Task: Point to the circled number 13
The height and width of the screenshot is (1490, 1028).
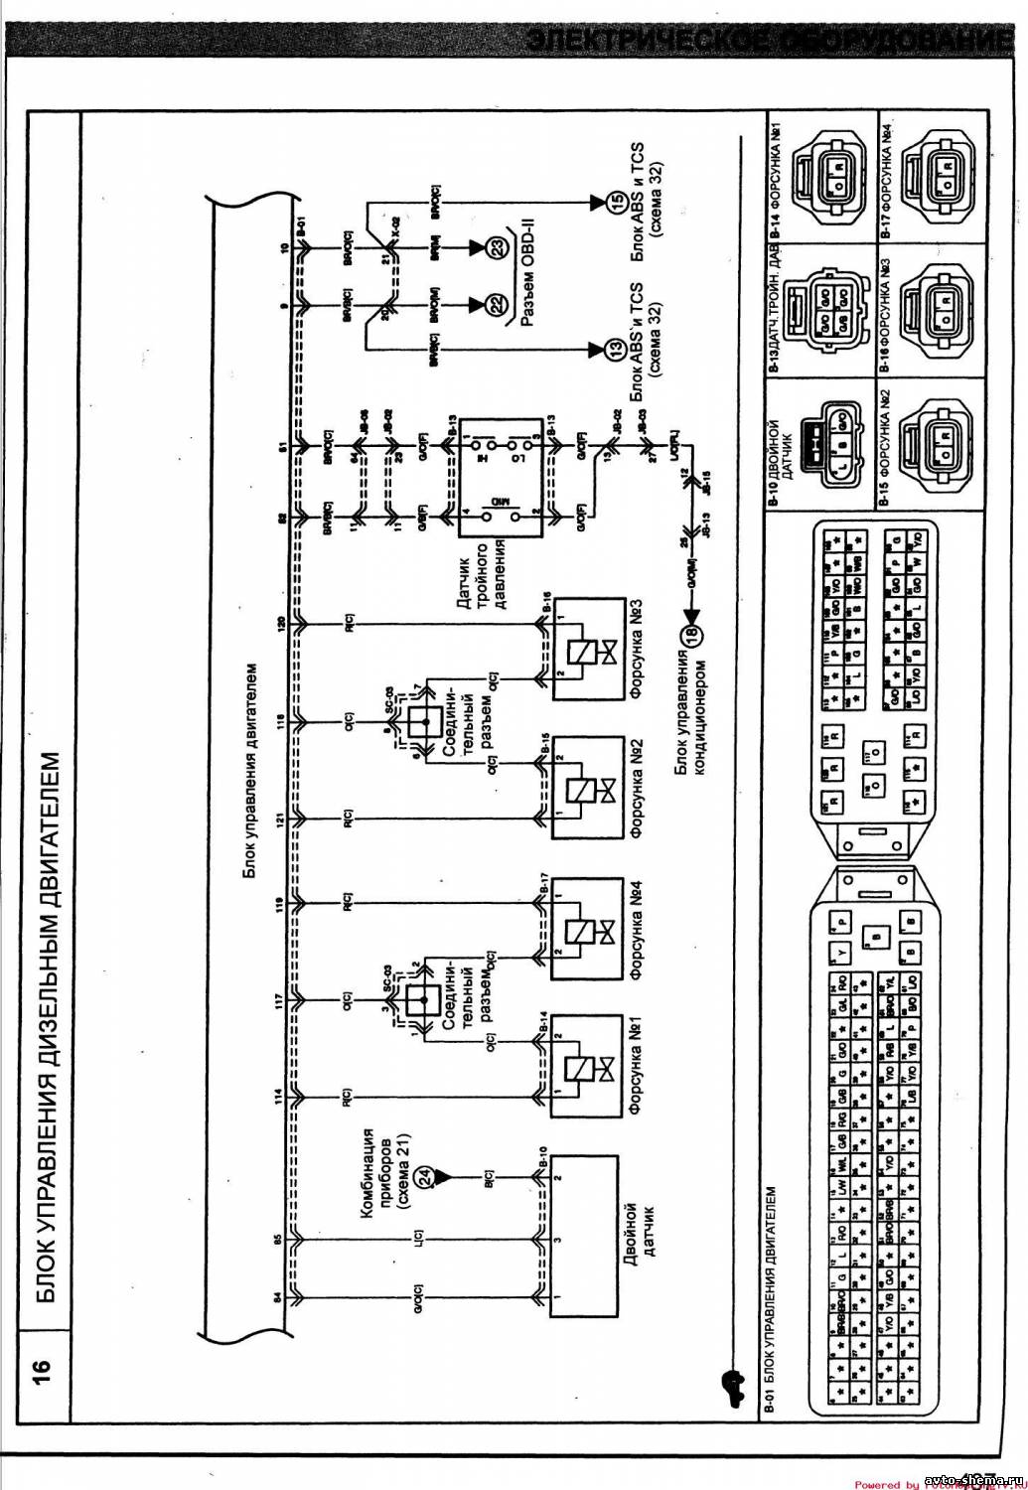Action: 612,349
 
